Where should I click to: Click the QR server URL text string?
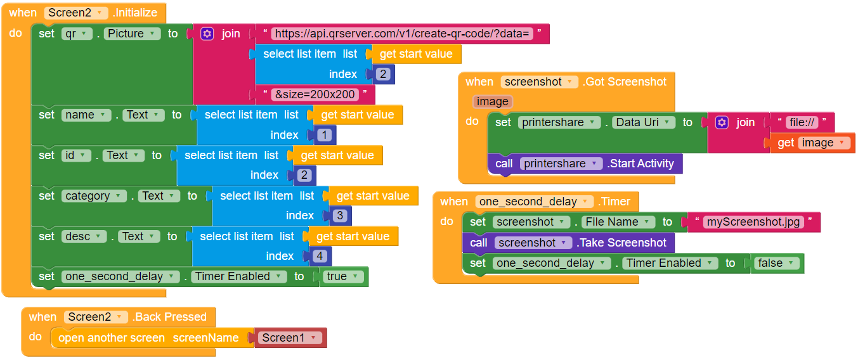coord(401,34)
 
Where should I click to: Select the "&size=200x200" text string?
coord(315,94)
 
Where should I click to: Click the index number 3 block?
coord(341,215)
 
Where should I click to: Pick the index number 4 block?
coord(320,256)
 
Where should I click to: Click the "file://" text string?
coord(802,122)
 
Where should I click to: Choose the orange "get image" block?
coord(812,143)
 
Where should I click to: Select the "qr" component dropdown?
coord(77,34)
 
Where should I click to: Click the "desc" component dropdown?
coord(84,236)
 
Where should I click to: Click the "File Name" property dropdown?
coord(618,222)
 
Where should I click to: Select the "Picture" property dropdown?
coord(132,34)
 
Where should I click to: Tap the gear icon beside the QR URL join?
coord(207,34)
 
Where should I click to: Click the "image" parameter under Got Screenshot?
coord(492,101)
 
